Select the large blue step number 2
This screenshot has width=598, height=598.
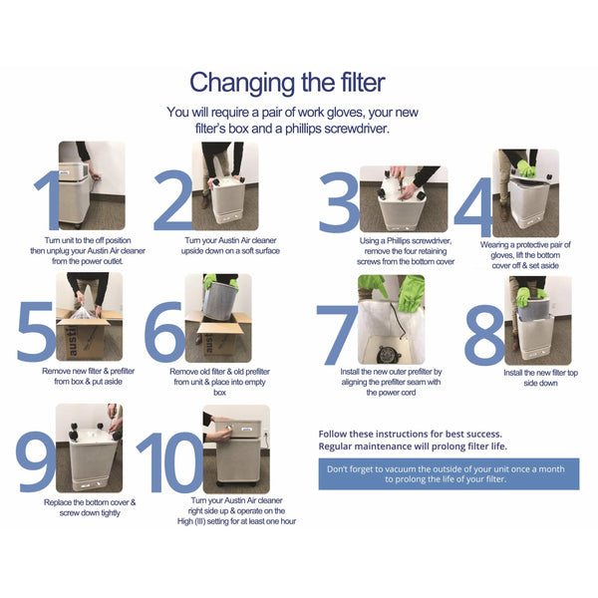tap(171, 199)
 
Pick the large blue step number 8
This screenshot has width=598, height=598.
tap(485, 334)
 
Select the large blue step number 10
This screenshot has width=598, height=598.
tap(169, 463)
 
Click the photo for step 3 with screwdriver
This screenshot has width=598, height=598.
tap(403, 198)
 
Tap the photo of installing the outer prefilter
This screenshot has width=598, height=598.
tap(391, 319)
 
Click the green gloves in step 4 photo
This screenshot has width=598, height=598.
tap(524, 168)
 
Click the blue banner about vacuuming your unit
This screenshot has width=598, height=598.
tap(448, 473)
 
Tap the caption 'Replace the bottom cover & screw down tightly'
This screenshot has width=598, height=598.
tap(90, 507)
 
